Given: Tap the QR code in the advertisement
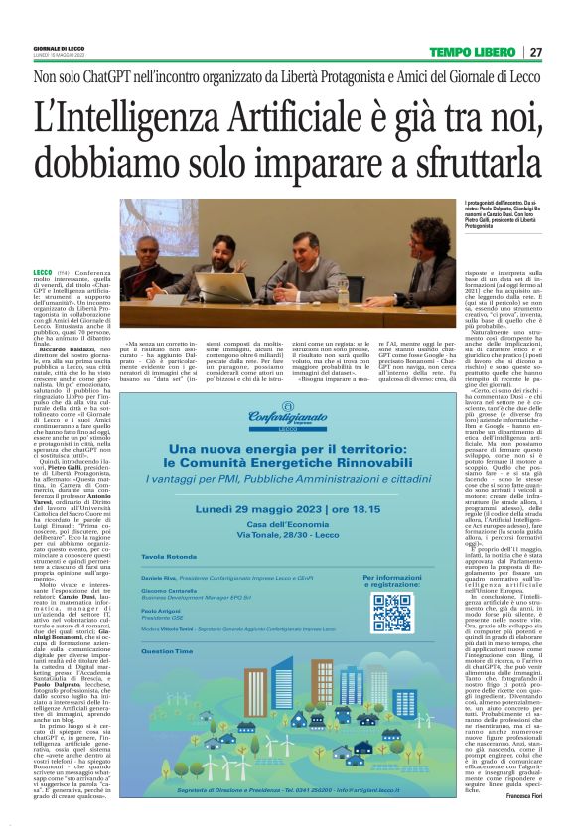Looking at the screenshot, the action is click(391, 613).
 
